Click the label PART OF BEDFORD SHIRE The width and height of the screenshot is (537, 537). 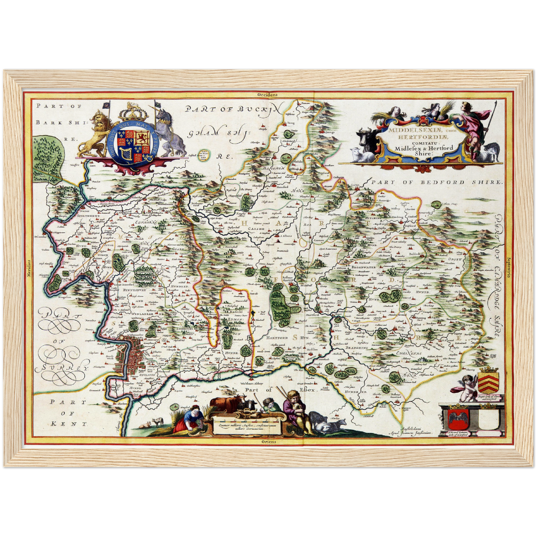pos(437,182)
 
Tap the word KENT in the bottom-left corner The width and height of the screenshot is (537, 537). pos(69,424)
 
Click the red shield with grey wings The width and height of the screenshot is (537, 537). pos(457,418)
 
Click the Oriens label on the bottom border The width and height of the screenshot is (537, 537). pos(269,441)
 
